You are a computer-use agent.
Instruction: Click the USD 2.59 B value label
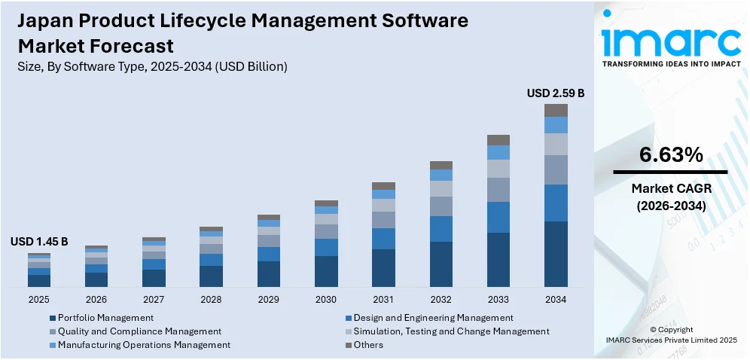pyautogui.click(x=556, y=93)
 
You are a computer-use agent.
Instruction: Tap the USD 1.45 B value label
pyautogui.click(x=39, y=242)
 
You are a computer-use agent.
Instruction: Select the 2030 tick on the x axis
pyautogui.click(x=326, y=299)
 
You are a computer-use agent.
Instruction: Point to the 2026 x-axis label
pyautogui.click(x=96, y=299)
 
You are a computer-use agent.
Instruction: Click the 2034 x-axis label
pyautogui.click(x=556, y=299)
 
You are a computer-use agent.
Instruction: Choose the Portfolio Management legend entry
pyautogui.click(x=101, y=318)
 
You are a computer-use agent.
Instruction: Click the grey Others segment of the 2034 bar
pyautogui.click(x=556, y=110)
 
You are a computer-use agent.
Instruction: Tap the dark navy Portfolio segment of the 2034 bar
pyautogui.click(x=556, y=254)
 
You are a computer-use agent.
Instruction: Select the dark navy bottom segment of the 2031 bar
pyautogui.click(x=383, y=267)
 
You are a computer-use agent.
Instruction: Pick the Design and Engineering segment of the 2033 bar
pyautogui.click(x=498, y=217)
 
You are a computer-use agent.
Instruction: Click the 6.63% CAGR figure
pyautogui.click(x=671, y=155)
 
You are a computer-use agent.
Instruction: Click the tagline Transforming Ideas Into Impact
pyautogui.click(x=671, y=64)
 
